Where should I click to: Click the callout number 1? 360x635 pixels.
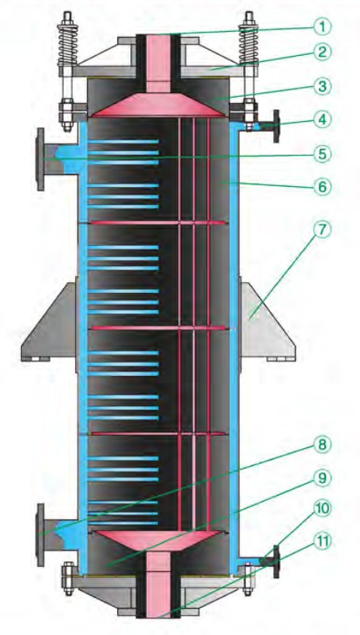[322, 28]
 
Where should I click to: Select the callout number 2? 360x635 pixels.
[322, 52]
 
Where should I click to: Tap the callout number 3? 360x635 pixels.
[322, 86]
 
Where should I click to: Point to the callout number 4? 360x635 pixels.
[322, 119]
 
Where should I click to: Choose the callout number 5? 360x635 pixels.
[322, 154]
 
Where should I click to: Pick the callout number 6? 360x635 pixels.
[322, 187]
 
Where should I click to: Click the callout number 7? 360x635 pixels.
[322, 230]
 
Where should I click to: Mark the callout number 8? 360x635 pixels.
[322, 445]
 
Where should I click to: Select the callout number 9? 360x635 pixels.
[322, 478]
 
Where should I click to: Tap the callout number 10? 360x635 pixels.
[322, 509]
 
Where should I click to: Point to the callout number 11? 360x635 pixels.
[322, 541]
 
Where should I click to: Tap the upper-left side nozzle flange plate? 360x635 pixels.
[40, 159]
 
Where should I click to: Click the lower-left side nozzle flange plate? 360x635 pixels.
[40, 534]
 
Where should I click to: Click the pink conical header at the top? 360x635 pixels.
[158, 105]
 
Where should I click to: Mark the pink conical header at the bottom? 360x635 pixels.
[158, 540]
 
